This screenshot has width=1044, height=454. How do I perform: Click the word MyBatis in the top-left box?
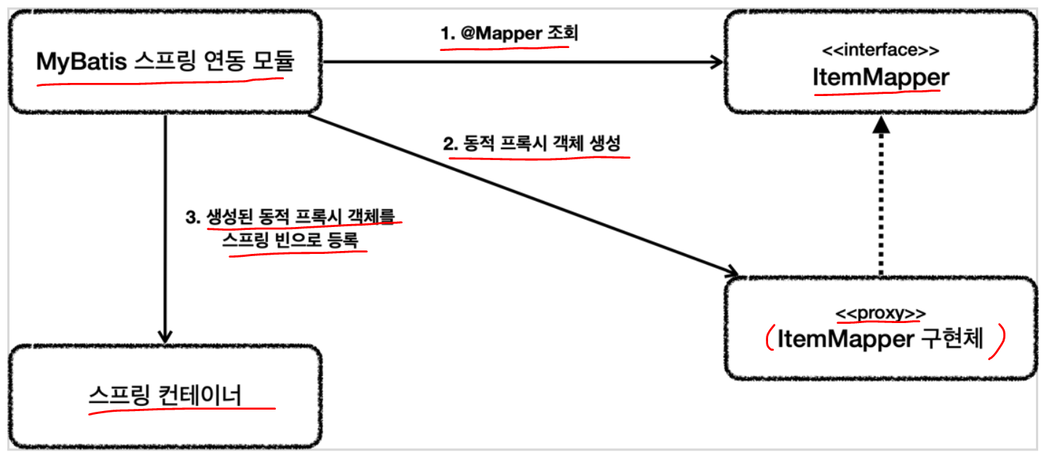coord(82,62)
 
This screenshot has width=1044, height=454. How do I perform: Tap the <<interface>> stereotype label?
coord(880,51)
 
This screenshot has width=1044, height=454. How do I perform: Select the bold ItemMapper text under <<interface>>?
coord(880,77)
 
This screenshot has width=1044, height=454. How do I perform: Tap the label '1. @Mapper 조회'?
coord(509,34)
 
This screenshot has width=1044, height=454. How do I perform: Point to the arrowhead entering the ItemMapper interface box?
coord(715,63)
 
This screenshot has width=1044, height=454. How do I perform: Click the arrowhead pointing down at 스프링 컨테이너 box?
coord(165,336)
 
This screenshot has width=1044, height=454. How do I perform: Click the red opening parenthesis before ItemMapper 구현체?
coord(767,339)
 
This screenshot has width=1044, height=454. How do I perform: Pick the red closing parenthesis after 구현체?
coord(1000,340)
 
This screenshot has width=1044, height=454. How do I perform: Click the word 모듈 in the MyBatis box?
coord(273,62)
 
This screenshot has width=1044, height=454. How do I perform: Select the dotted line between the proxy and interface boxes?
coord(882,204)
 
